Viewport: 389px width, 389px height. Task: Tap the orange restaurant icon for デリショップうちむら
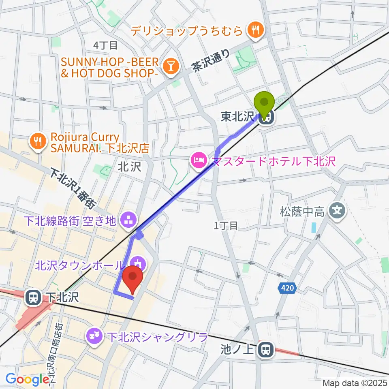coord(256,30)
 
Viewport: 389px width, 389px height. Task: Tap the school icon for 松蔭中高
coord(337,211)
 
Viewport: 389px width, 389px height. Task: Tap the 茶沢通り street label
coord(210,61)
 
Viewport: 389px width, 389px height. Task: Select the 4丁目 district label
coord(105,45)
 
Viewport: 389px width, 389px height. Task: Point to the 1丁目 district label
coord(226,226)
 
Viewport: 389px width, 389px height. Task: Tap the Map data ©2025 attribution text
coord(355,383)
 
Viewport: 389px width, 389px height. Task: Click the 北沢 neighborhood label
coord(129,167)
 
